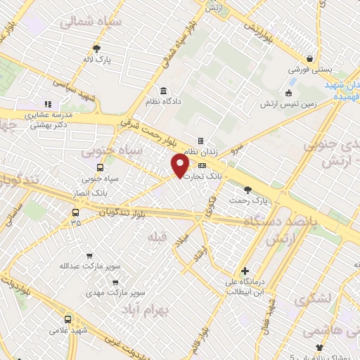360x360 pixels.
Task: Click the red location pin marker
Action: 180,166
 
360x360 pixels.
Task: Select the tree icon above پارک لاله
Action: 97,49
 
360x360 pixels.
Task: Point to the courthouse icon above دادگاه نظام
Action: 163,91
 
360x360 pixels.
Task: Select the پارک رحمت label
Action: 247,200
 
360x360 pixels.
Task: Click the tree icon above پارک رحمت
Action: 247,188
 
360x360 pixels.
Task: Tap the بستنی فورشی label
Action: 309,71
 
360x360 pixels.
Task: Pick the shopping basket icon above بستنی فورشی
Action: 309,59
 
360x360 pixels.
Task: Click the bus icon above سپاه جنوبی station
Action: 99,167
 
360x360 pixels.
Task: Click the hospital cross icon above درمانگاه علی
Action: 244,271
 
